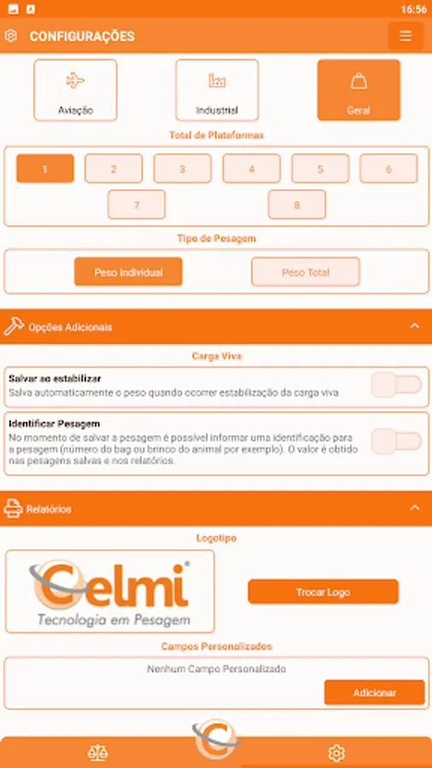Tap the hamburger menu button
406,36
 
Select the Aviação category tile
75,90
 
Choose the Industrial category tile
217,90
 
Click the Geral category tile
359,90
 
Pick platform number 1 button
45,168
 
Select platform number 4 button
252,168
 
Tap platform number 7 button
137,204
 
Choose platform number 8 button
297,204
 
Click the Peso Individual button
128,272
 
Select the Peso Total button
306,272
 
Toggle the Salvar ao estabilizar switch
396,385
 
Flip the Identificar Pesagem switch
396,442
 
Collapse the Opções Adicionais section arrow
415,326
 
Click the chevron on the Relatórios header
415,508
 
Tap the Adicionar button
375,693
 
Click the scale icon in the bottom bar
97,753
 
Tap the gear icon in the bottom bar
336,753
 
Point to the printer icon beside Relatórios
13,509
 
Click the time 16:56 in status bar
413,9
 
